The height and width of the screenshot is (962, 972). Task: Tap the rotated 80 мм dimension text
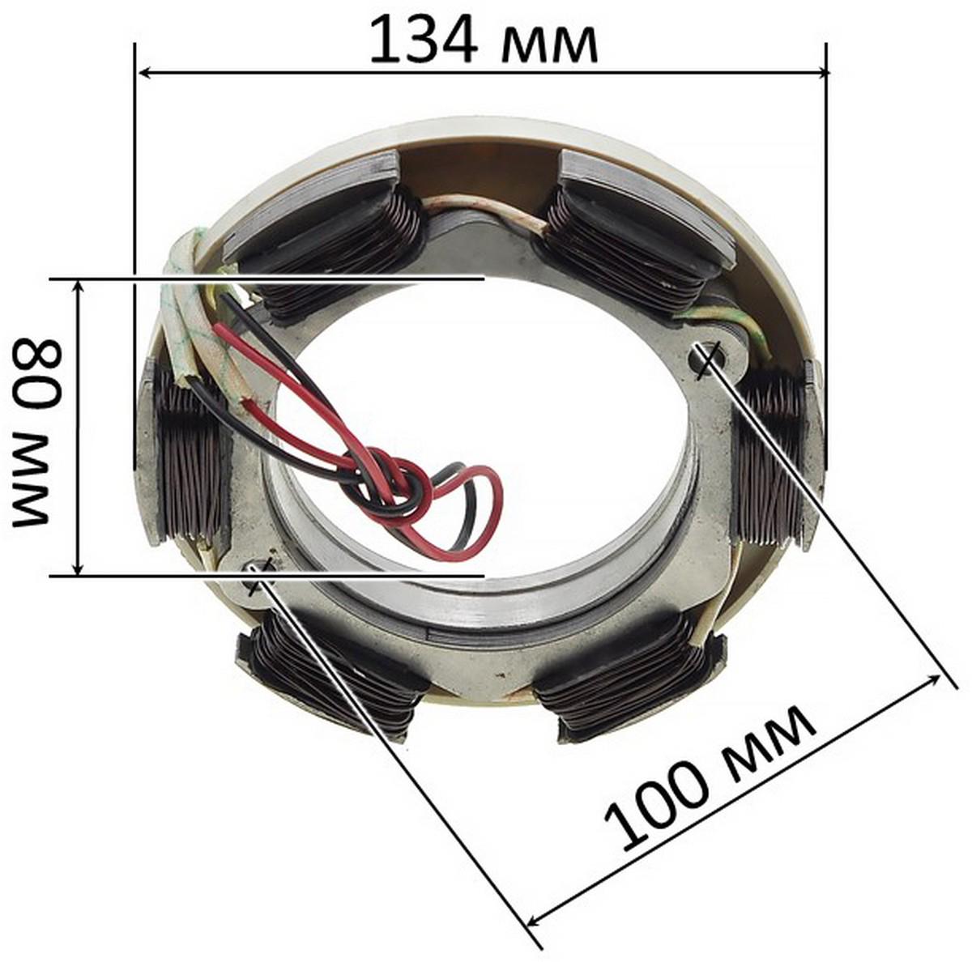(38, 432)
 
